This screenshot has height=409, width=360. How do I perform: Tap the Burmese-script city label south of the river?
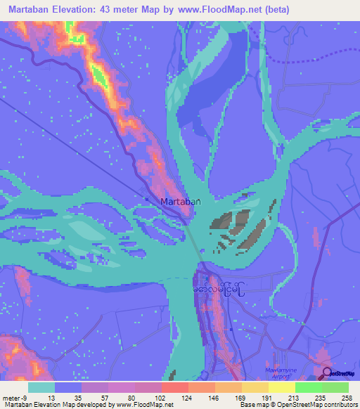coord(219,288)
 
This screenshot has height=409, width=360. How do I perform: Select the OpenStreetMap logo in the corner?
coord(340,374)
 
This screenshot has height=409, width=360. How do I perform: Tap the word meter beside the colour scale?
coord(11,397)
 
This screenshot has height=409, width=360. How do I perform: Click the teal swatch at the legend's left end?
coord(41,387)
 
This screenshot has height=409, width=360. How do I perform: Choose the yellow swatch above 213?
coord(282,387)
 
